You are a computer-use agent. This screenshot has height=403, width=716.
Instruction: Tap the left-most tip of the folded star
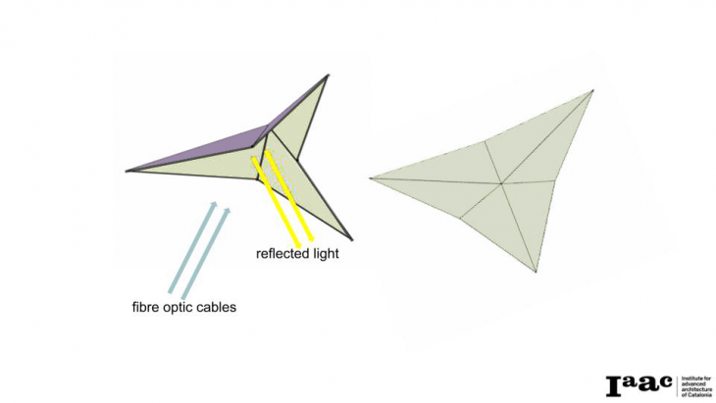[128, 172]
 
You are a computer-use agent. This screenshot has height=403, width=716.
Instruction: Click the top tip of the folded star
[328, 76]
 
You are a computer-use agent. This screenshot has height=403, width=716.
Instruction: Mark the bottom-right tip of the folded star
[349, 238]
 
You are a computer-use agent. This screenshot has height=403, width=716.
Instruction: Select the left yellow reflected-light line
[277, 202]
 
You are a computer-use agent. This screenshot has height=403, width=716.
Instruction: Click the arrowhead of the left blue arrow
[212, 204]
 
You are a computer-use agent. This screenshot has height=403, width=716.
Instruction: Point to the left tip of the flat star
[371, 177]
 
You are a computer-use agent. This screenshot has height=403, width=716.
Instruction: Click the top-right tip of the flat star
[592, 91]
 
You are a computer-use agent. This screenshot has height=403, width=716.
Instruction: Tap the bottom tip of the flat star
[536, 272]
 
